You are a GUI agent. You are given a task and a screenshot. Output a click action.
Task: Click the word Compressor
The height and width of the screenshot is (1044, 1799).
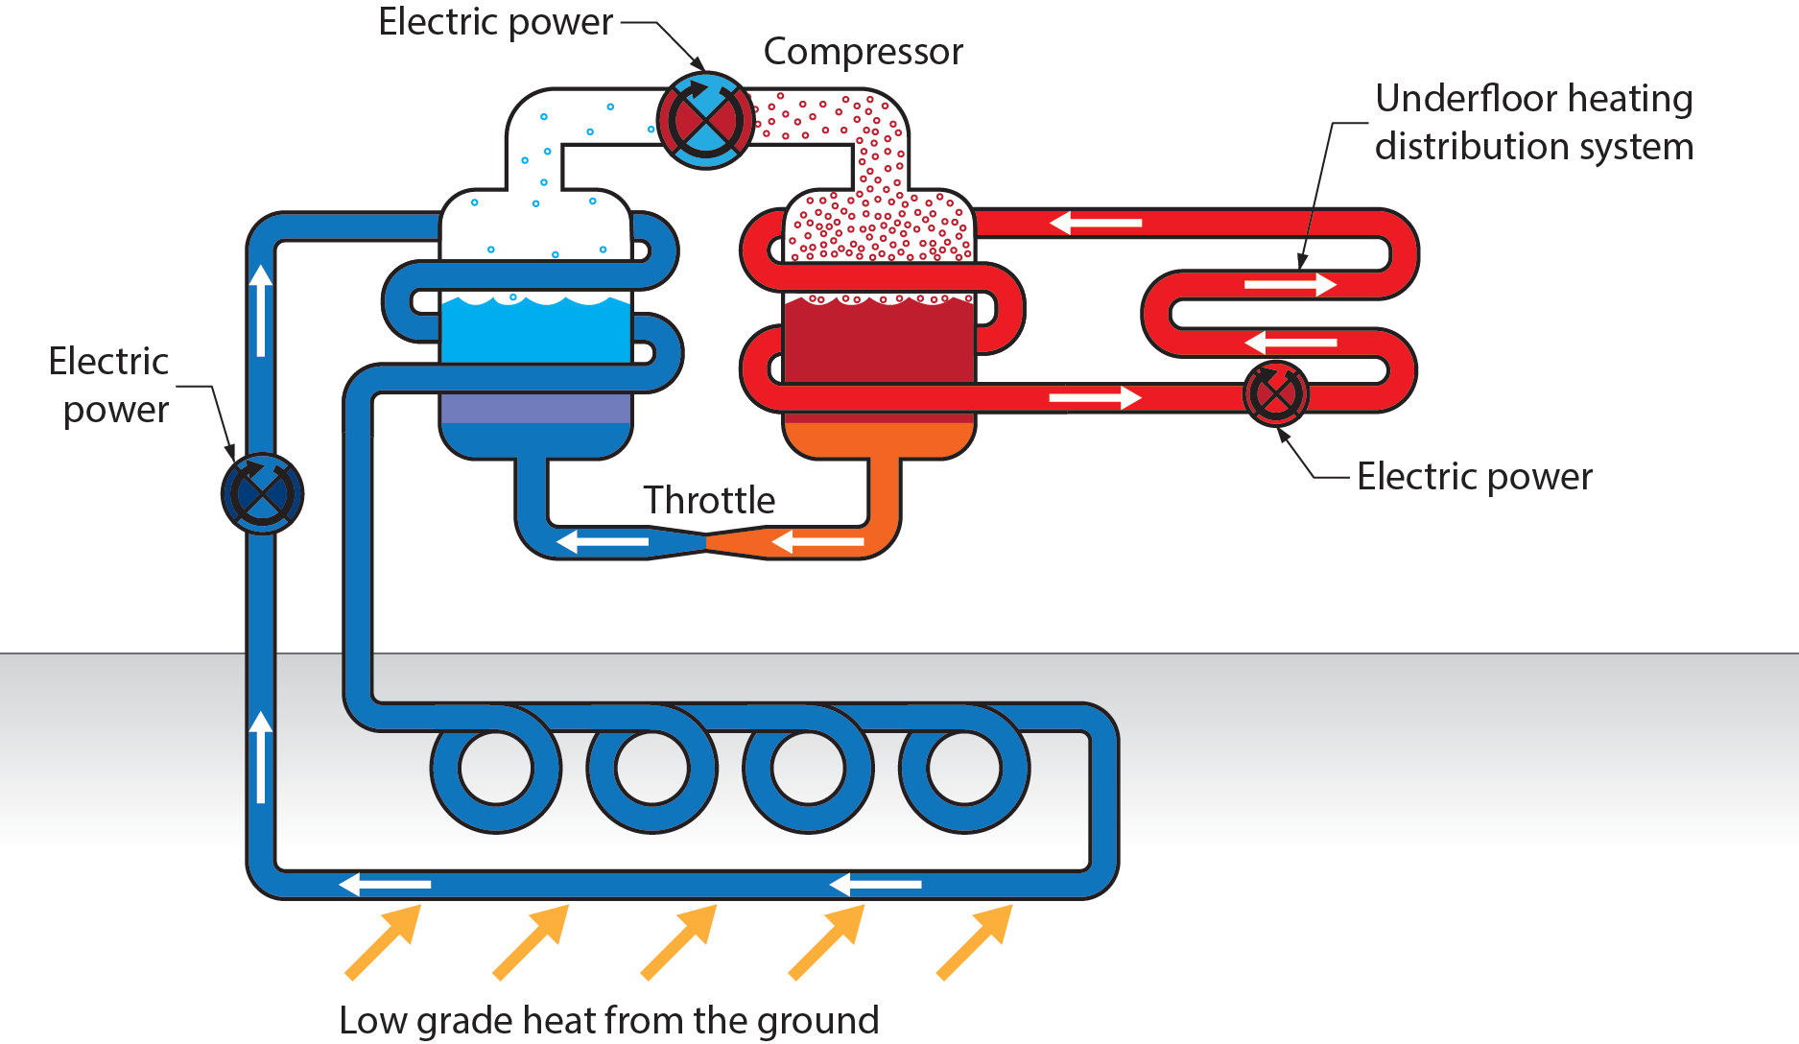coord(863,52)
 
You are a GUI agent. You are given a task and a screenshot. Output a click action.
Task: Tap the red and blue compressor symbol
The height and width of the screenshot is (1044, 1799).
coord(705,121)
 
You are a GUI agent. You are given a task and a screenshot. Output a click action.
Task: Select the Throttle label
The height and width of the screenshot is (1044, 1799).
coord(709,500)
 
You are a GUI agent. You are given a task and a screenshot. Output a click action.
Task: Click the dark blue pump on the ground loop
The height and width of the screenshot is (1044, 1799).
coord(262,493)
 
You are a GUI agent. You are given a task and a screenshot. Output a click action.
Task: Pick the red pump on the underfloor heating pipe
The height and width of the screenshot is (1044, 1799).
coord(1275,393)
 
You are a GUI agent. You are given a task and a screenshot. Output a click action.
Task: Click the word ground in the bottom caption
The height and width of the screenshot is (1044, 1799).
coord(817,1020)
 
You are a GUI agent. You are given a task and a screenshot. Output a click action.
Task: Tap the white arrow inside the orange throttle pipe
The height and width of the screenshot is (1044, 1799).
coord(817,543)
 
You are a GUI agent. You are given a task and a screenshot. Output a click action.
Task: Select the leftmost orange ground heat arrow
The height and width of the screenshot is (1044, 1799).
coord(382,942)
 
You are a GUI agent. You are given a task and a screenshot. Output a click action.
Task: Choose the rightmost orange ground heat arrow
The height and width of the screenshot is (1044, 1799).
coord(974,942)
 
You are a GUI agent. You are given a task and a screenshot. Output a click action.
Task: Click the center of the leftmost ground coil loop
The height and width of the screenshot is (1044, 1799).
coord(496,769)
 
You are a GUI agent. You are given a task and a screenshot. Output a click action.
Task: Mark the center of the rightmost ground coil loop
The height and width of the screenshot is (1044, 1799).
coord(964,769)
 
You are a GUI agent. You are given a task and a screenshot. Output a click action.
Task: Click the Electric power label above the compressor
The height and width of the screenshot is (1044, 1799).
coord(495,22)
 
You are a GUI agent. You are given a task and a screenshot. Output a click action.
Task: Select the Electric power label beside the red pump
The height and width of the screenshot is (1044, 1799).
coord(1474,477)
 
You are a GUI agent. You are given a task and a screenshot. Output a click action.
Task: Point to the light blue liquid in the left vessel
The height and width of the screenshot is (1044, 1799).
coord(535,332)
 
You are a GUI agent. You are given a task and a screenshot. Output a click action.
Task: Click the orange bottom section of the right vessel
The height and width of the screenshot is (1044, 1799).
coord(879,439)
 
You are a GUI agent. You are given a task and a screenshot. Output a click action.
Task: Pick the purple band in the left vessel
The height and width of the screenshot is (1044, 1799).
coord(535,409)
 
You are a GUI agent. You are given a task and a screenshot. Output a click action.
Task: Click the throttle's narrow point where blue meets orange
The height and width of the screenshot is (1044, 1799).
coord(707,543)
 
